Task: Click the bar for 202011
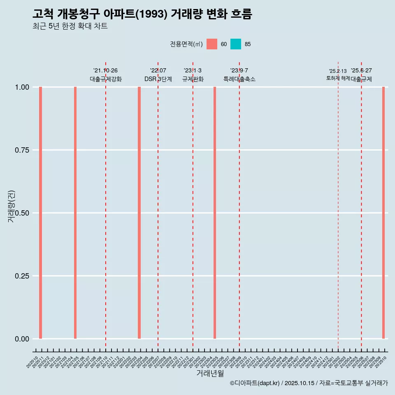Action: pos(41,213)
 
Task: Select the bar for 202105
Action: pos(75,213)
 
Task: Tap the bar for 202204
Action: pos(139,213)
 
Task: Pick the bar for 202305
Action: pos(215,213)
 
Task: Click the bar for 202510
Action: pos(383,213)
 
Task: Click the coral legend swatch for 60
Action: pos(212,44)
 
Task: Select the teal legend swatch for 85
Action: pos(236,44)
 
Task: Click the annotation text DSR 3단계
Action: pos(158,79)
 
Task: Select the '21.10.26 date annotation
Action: pos(105,70)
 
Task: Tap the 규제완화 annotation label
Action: pos(193,79)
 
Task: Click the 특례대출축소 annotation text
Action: pos(239,79)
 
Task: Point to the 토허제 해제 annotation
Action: pos(338,78)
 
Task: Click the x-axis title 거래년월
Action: pos(210,374)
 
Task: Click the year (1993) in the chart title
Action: pos(151,14)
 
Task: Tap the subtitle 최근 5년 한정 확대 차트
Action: pos(70,26)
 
